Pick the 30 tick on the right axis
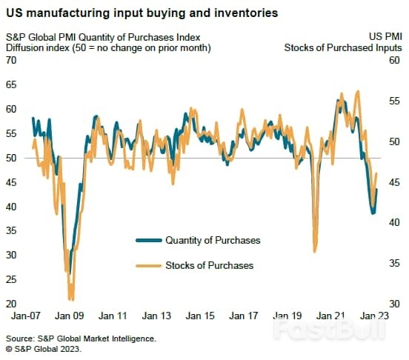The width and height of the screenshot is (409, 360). [x=394, y=304]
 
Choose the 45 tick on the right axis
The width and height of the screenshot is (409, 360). [x=394, y=182]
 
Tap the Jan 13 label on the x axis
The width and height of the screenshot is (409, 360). [x=156, y=316]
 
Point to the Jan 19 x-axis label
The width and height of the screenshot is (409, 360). [x=288, y=316]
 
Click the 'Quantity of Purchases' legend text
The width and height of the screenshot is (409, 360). [x=213, y=240]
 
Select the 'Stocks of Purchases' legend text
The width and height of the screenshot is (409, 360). [x=209, y=265]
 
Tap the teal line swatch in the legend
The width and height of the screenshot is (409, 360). [x=147, y=240]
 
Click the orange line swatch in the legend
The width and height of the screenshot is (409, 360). [x=147, y=265]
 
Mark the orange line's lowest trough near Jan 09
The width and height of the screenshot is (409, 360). [x=70, y=299]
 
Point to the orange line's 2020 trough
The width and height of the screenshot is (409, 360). [x=315, y=251]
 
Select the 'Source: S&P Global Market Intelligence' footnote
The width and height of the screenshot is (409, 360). [x=81, y=338]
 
